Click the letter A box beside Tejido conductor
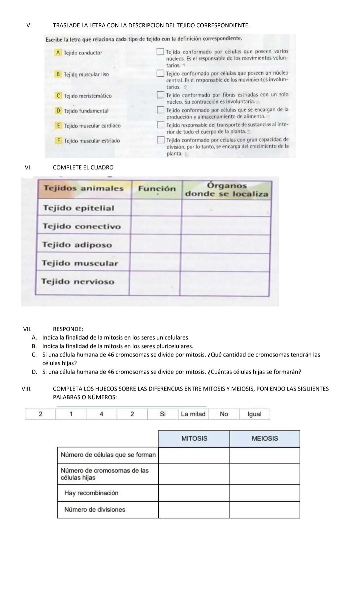tap(58, 53)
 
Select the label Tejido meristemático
tap(88, 96)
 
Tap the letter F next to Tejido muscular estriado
tap(58, 141)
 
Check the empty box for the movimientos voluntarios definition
tap(161, 52)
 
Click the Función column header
tap(157, 189)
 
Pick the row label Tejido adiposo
tap(77, 245)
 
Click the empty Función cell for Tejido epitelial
tap(156, 208)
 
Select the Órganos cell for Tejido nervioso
tap(224, 283)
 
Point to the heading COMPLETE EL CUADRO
tap(83, 167)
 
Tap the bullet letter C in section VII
tap(34, 355)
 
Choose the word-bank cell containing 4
tap(101, 414)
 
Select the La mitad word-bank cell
tap(193, 414)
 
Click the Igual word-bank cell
tap(254, 414)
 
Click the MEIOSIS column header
tap(265, 439)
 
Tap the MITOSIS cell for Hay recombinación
tap(194, 493)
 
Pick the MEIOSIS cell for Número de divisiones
tap(265, 510)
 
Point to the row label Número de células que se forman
tap(108, 455)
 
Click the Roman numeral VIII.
tap(26, 389)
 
